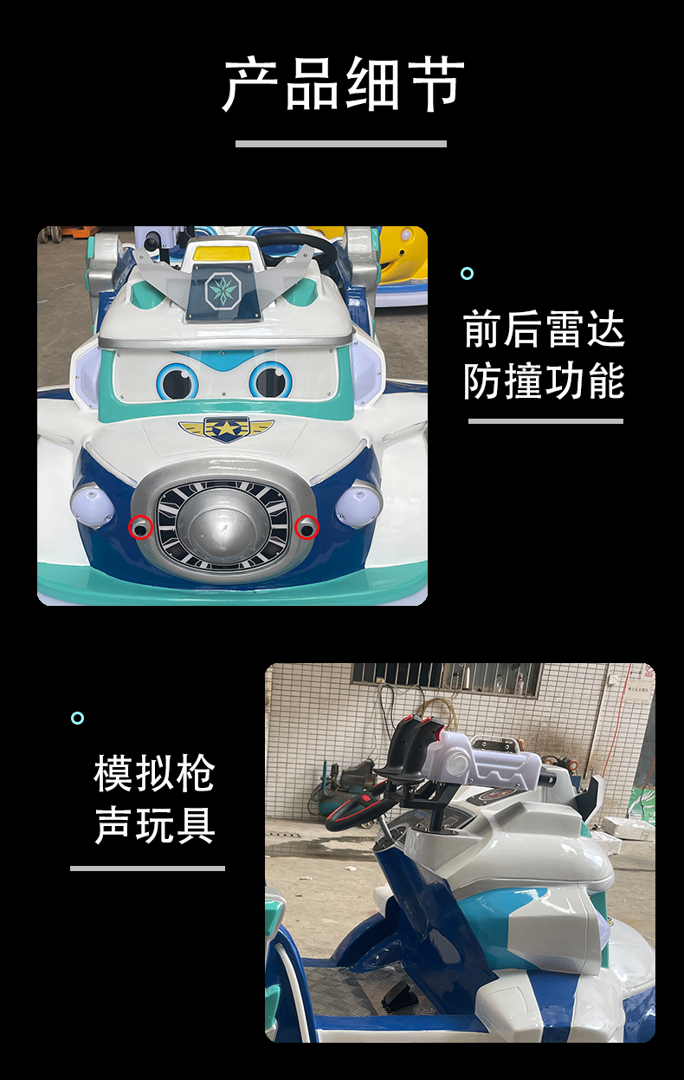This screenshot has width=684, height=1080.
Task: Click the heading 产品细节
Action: click(343, 85)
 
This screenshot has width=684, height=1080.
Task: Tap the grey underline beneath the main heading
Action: click(341, 144)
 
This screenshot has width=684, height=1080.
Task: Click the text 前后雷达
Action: click(544, 330)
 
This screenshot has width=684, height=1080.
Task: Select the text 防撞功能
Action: click(544, 381)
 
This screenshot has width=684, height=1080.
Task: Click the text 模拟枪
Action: click(154, 773)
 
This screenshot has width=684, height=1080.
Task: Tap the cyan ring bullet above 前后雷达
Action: click(467, 274)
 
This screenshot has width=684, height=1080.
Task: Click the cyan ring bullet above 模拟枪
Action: click(77, 718)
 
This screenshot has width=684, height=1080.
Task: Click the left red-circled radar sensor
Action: click(140, 527)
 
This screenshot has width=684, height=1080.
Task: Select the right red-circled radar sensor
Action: click(307, 527)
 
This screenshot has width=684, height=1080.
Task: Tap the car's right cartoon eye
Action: click(270, 381)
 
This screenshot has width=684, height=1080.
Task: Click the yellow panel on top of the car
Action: click(224, 252)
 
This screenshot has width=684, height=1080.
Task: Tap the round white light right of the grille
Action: click(358, 505)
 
